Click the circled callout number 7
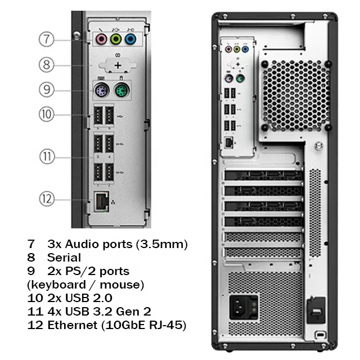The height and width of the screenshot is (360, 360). click(x=47, y=39)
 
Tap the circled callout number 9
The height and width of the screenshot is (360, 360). click(x=47, y=89)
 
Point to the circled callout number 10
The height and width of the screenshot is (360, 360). click(x=47, y=114)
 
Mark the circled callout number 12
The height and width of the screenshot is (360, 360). click(x=47, y=198)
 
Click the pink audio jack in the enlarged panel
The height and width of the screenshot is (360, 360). click(x=101, y=39)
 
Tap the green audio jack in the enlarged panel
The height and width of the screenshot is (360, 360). click(x=116, y=39)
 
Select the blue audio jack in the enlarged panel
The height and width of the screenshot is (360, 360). click(x=130, y=39)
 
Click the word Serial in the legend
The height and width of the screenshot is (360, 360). click(x=64, y=258)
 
